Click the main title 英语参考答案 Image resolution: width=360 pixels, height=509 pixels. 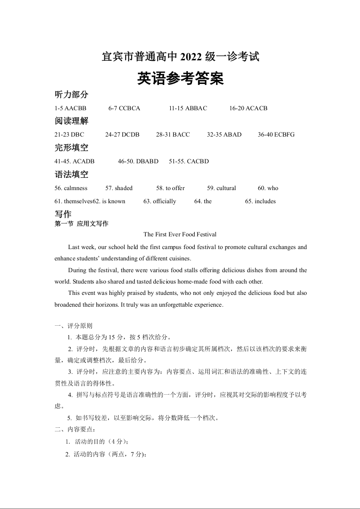pyautogui.click(x=180, y=79)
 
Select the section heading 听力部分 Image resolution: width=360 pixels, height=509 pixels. pyautogui.click(x=71, y=95)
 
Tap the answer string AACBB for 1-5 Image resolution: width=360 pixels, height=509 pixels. pyautogui.click(x=75, y=108)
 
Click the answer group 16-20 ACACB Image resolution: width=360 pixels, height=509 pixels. pyautogui.click(x=248, y=108)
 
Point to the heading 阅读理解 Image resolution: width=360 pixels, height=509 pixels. pyautogui.click(x=71, y=121)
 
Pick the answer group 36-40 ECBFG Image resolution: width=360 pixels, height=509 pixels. pyautogui.click(x=276, y=135)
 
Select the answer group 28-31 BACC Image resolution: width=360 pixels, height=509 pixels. pyautogui.click(x=173, y=135)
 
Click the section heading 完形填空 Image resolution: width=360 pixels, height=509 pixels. pyautogui.click(x=71, y=148)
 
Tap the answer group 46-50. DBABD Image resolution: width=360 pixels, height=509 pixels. pyautogui.click(x=138, y=162)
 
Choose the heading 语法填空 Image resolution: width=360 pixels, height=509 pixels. pyautogui.click(x=71, y=175)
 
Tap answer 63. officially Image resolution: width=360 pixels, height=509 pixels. pyautogui.click(x=159, y=201)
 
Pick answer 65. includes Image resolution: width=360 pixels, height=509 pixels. pyautogui.click(x=260, y=201)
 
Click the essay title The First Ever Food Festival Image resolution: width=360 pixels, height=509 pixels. pyautogui.click(x=180, y=235)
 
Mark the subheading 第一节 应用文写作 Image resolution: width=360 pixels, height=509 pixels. pyautogui.click(x=81, y=224)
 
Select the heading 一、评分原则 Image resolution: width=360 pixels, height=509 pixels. pyautogui.click(x=73, y=326)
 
